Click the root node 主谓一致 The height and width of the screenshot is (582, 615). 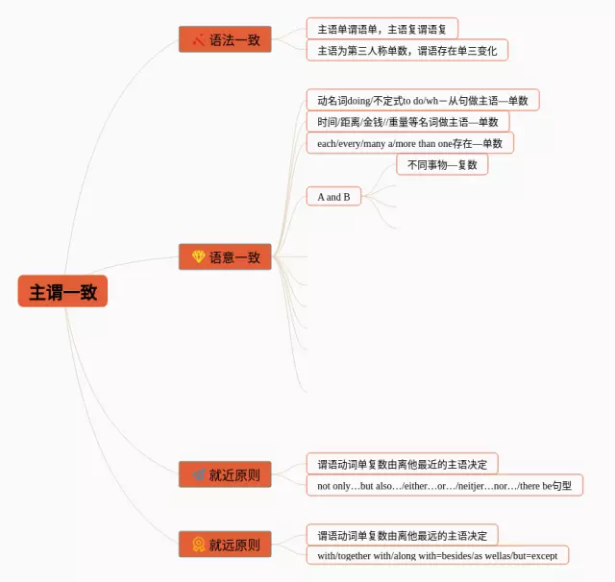tap(62, 291)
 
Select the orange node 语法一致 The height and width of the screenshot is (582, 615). tap(225, 39)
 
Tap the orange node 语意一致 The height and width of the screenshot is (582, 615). tap(225, 256)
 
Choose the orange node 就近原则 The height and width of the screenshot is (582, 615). tap(225, 474)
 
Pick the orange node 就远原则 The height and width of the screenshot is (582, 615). tap(225, 545)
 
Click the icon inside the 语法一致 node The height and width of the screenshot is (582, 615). tap(198, 39)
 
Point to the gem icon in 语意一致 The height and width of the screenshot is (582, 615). tap(198, 256)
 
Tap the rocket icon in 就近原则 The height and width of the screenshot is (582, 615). tap(198, 474)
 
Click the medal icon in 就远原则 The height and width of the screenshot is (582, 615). tap(198, 545)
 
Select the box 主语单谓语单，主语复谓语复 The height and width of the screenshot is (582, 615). tap(381, 28)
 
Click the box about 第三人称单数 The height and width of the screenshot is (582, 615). tap(406, 50)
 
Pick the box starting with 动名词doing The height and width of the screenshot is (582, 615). tap(423, 100)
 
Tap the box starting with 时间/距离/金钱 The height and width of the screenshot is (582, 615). tap(407, 122)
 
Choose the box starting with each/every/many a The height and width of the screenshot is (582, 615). tap(409, 143)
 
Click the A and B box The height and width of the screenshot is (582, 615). tap(333, 197)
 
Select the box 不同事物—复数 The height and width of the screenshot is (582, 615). tap(442, 164)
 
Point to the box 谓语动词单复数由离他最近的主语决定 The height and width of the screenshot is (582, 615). tap(402, 464)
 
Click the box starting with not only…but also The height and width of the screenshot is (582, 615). tap(444, 485)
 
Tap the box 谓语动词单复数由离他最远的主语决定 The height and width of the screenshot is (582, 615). tap(402, 535)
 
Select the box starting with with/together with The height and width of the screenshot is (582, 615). tap(437, 555)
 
